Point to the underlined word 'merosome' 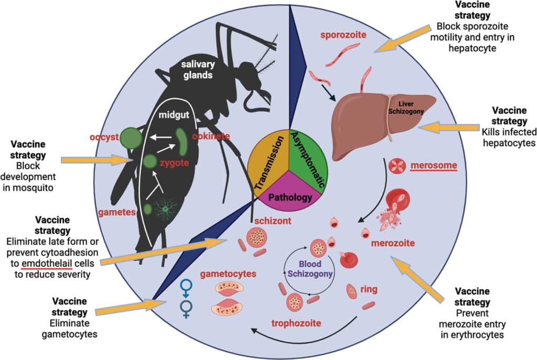click(433, 166)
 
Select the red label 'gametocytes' click(228, 274)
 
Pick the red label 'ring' click(369, 289)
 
